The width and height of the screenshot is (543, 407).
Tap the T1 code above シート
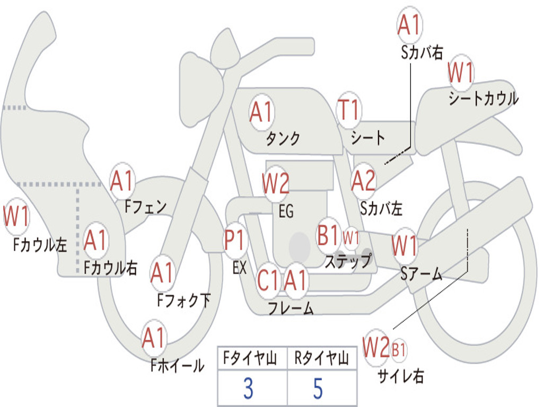[x=349, y=110]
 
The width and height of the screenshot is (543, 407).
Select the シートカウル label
[x=484, y=98]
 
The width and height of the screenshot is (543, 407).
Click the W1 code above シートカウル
[x=460, y=72]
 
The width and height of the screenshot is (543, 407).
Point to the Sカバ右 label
[x=422, y=52]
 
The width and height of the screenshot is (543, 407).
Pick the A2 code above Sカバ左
[x=363, y=181]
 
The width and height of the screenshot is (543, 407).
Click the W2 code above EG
[x=275, y=183]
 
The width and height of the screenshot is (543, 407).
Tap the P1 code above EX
[x=235, y=240]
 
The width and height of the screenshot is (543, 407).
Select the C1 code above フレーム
[x=267, y=280]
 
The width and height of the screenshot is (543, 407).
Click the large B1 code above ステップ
[x=328, y=234]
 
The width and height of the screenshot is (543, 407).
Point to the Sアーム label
[x=422, y=274]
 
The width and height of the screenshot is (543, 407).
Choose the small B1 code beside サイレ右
[x=399, y=349]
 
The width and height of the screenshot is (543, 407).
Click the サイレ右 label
[x=400, y=376]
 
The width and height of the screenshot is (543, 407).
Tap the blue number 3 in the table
[x=248, y=388]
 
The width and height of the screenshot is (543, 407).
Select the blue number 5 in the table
[x=318, y=388]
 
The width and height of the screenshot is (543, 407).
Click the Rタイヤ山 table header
[x=322, y=358]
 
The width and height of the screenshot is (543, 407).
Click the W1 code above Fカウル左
[x=16, y=216]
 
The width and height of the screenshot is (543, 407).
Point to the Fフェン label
[x=145, y=207]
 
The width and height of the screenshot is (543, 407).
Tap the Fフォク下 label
[x=184, y=300]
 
